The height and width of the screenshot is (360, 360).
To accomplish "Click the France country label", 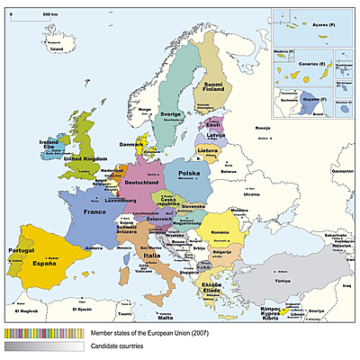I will click(94, 212).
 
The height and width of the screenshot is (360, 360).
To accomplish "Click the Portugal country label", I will click(21, 249).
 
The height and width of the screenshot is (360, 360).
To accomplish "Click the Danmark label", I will click(131, 142).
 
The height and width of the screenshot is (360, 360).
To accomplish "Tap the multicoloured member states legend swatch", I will click(44, 332).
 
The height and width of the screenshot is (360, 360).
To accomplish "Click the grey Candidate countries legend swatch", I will click(44, 346).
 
